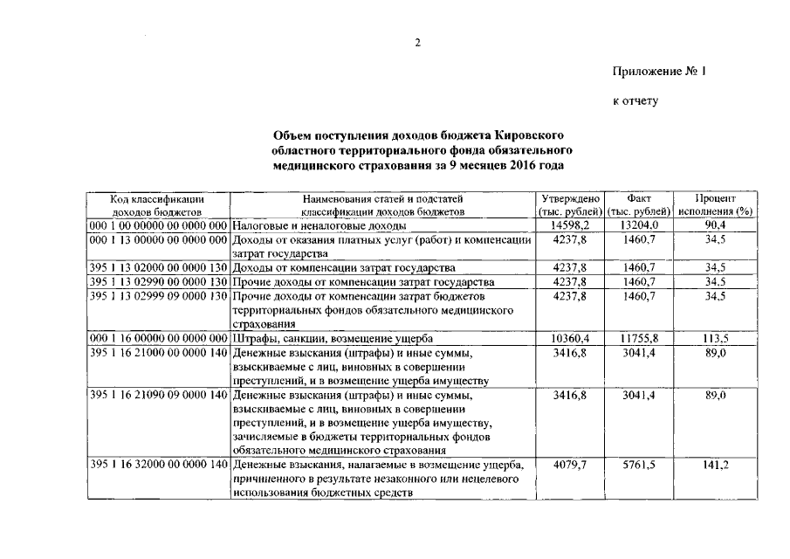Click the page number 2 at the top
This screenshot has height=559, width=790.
[417, 43]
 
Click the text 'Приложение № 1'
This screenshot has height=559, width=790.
[658, 72]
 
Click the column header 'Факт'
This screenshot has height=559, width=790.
[639, 198]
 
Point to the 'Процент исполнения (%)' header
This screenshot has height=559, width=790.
[715, 204]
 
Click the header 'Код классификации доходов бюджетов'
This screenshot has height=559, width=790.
[157, 204]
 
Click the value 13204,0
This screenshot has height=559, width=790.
[639, 224]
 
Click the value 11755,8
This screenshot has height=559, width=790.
[639, 338]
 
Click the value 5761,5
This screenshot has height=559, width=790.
[639, 466]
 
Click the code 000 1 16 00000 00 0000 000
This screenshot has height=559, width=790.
[158, 338]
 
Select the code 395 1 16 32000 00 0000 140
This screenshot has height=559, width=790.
[158, 466]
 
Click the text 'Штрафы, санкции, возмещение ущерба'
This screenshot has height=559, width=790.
[331, 338]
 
